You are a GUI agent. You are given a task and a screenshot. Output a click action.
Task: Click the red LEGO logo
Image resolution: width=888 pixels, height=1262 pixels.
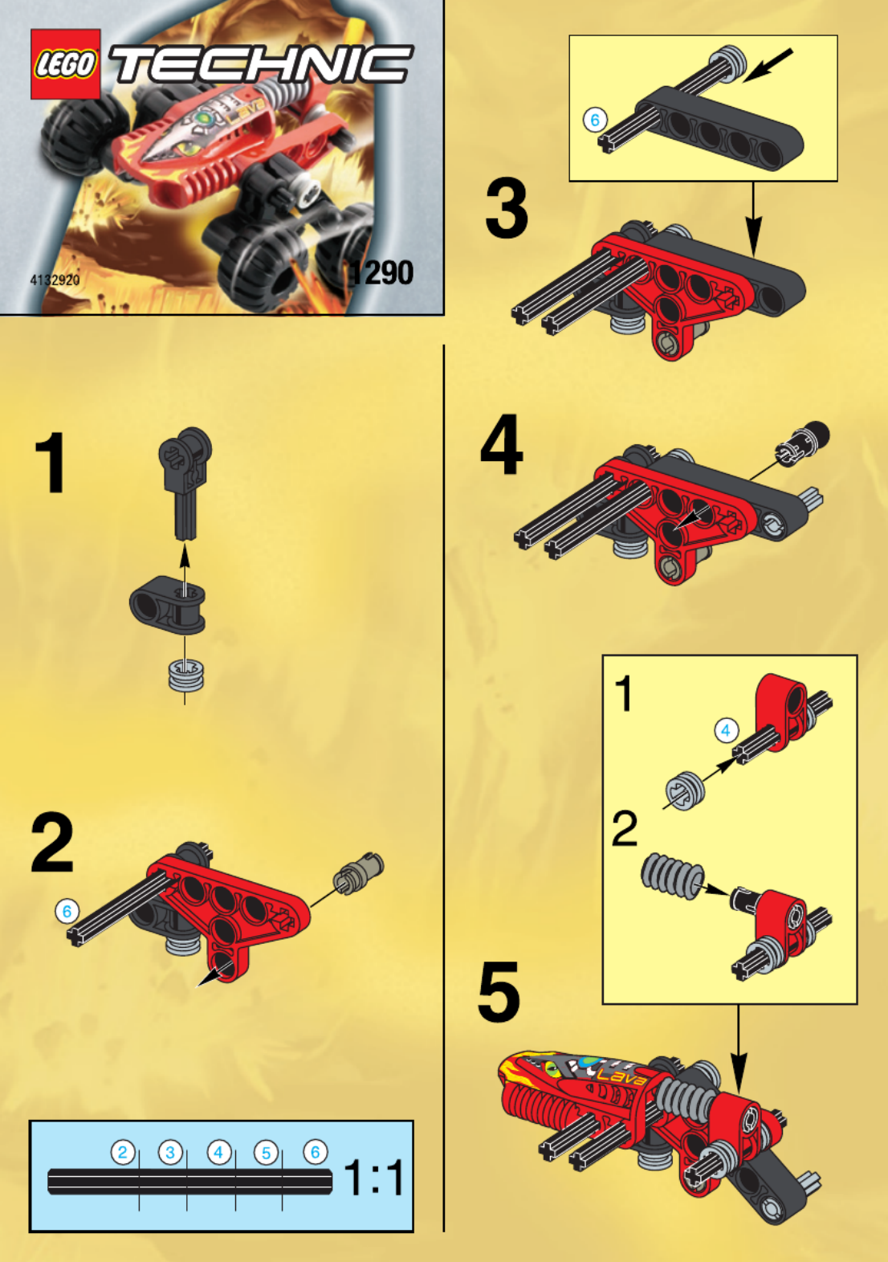(x=65, y=63)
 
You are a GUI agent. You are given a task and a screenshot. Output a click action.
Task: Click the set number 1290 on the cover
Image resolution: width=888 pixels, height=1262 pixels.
(x=381, y=272)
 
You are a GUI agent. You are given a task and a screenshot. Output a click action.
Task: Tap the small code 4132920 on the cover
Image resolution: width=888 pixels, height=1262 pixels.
(x=55, y=280)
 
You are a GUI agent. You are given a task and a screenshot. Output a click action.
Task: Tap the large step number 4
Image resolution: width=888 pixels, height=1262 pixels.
(x=501, y=444)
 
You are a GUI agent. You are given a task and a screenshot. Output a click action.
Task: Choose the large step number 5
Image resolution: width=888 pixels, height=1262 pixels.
(x=499, y=992)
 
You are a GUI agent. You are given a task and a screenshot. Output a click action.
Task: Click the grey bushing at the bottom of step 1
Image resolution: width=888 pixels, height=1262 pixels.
(x=186, y=675)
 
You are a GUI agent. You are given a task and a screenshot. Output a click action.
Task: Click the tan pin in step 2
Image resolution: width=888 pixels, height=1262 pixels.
(x=358, y=871)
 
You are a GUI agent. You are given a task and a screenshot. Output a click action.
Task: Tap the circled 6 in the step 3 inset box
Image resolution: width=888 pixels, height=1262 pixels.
(x=595, y=120)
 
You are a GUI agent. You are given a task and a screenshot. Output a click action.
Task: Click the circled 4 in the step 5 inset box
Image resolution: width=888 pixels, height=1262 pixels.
(x=726, y=731)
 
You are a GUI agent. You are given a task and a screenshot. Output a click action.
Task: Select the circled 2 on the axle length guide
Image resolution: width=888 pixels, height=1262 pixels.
(x=123, y=1152)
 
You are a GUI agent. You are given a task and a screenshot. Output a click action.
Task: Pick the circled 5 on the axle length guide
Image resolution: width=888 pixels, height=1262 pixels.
(x=267, y=1152)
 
